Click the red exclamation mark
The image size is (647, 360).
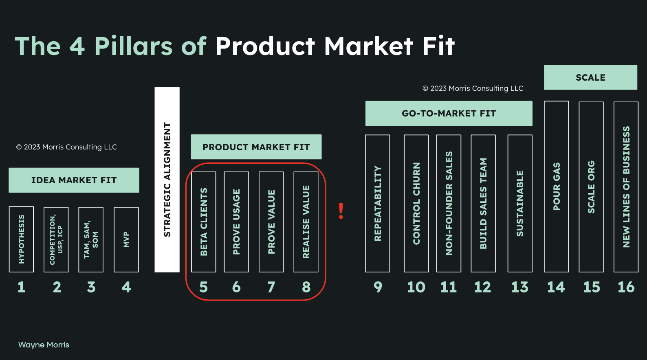(x=341, y=211)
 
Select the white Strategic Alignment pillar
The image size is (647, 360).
(x=167, y=179)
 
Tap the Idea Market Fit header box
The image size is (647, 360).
(x=74, y=180)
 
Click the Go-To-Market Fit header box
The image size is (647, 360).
(x=449, y=113)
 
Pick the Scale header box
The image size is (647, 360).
(x=590, y=77)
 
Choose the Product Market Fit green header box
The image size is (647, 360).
(x=256, y=147)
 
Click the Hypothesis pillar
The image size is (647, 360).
(x=21, y=239)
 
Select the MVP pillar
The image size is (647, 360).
(x=126, y=239)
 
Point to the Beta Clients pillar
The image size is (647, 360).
(x=204, y=222)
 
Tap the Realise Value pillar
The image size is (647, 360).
(x=306, y=222)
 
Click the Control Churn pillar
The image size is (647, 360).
(x=416, y=203)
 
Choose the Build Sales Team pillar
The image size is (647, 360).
(x=483, y=203)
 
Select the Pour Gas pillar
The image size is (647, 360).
(x=556, y=187)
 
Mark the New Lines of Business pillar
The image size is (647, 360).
(x=626, y=187)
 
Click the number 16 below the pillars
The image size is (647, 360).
(x=626, y=287)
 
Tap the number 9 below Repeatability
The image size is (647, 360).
(x=378, y=287)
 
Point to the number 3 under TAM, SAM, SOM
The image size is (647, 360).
(x=91, y=287)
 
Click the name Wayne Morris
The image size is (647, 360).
(x=44, y=345)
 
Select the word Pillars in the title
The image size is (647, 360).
(x=134, y=46)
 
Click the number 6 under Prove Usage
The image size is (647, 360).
(x=236, y=287)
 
